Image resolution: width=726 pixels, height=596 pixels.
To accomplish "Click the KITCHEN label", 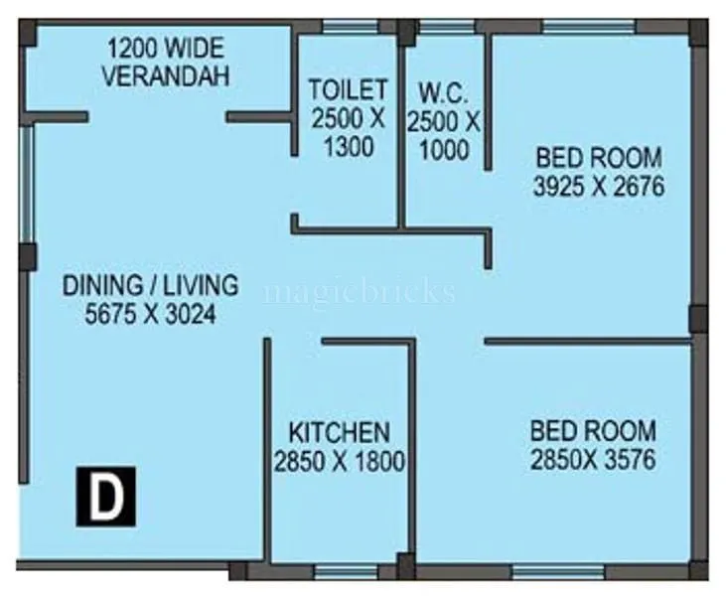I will pos(339,433).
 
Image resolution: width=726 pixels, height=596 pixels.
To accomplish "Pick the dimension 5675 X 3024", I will pos(150,314).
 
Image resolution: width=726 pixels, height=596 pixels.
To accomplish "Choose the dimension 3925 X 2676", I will pos(599,186).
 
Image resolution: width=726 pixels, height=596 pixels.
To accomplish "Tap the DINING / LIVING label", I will pos(151,286).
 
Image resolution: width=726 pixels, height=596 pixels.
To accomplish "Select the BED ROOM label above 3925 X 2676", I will pos(599,157).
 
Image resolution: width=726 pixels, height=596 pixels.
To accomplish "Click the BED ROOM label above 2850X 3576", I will pos(593,432).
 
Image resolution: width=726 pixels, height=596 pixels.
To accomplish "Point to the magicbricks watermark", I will pos(360,292).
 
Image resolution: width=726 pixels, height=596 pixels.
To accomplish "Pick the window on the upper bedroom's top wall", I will pos(585,27).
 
